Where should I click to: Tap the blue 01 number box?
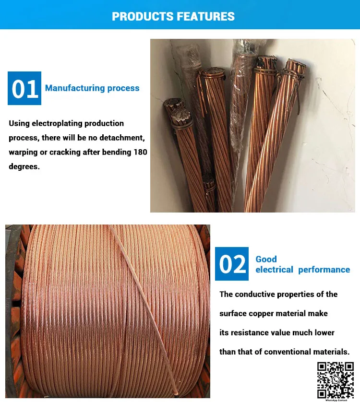tap(24, 88)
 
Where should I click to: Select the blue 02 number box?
tap(232, 264)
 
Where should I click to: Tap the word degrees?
tap(24, 166)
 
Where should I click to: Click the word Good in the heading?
tap(266, 259)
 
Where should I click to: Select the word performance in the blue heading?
tap(324, 270)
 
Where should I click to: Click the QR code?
tap(336, 380)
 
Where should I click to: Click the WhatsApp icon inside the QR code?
tap(336, 380)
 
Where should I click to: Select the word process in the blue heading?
tap(123, 88)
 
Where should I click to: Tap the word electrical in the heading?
tap(274, 270)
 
